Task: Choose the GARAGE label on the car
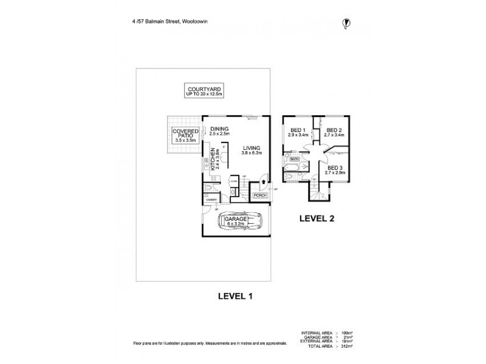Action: point(236,220)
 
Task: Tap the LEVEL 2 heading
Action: point(316,217)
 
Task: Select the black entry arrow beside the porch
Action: point(262,180)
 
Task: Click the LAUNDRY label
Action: point(211,198)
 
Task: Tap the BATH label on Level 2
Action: point(295,159)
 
